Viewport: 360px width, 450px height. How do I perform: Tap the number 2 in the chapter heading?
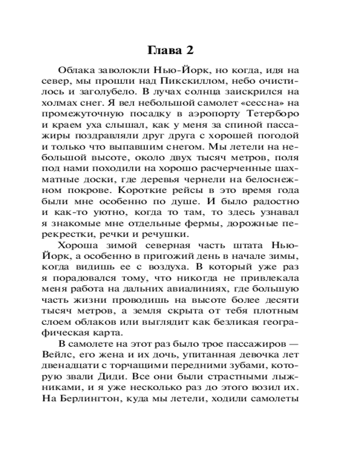(x=189, y=50)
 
